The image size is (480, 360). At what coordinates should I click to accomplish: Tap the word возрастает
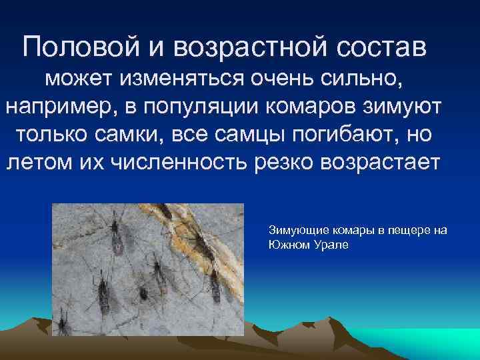[383, 161]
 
